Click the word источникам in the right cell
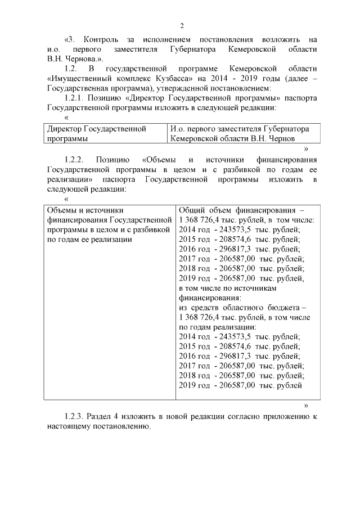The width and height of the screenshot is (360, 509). (256, 287)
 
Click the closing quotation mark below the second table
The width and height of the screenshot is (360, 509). (306, 405)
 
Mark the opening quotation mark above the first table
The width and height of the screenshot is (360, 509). (67, 118)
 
